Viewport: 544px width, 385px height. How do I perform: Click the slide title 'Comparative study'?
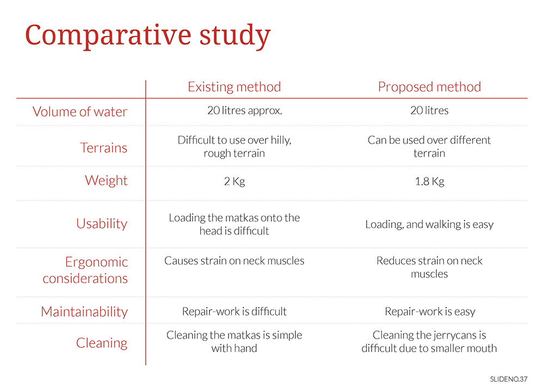pyautogui.click(x=148, y=36)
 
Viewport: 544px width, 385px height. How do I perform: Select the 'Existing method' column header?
pyautogui.click(x=234, y=87)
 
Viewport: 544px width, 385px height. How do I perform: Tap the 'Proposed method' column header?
pyautogui.click(x=430, y=87)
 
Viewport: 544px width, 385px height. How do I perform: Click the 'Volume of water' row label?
pyautogui.click(x=80, y=112)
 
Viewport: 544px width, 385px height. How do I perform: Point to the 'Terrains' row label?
pyautogui.click(x=104, y=148)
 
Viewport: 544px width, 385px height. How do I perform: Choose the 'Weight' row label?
pyautogui.click(x=106, y=181)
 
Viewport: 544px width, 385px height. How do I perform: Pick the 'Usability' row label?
pyautogui.click(x=102, y=224)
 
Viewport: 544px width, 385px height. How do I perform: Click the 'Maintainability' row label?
pyautogui.click(x=84, y=311)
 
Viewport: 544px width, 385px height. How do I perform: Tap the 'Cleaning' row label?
pyautogui.click(x=102, y=343)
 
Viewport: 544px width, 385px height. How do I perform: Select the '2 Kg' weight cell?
pyautogui.click(x=234, y=181)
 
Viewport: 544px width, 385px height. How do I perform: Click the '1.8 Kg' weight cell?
pyautogui.click(x=430, y=181)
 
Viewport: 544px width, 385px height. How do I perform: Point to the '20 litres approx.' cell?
pyautogui.click(x=245, y=111)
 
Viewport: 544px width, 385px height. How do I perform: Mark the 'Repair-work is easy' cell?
pyautogui.click(x=430, y=311)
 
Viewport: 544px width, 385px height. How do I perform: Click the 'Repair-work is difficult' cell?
pyautogui.click(x=234, y=311)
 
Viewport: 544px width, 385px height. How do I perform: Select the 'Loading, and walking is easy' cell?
pyautogui.click(x=430, y=224)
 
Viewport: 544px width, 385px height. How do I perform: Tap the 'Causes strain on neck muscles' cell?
pyautogui.click(x=234, y=261)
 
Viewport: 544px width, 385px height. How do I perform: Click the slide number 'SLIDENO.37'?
pyautogui.click(x=509, y=379)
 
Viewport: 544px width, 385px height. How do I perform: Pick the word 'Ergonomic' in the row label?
pyautogui.click(x=96, y=262)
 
